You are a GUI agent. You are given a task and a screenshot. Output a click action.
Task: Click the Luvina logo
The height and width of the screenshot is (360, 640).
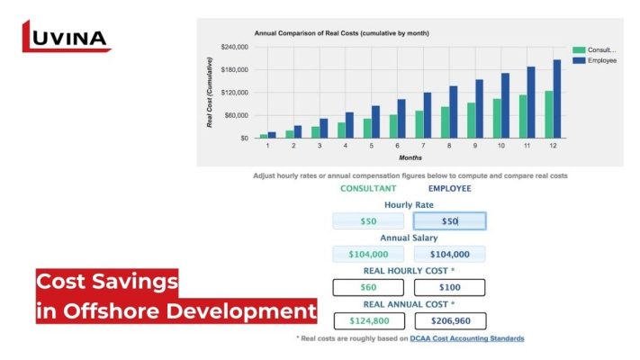[66, 37]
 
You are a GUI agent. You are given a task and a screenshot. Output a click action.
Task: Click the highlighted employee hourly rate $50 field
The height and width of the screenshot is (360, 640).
[449, 220]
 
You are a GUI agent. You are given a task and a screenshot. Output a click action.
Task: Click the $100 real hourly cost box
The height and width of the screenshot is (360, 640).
[449, 288]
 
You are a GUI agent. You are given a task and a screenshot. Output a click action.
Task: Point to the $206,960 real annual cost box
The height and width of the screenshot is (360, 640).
[449, 320]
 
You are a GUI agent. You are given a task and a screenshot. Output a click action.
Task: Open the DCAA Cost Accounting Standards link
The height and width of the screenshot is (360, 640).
[467, 338]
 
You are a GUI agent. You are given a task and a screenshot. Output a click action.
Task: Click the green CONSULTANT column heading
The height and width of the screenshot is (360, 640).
[367, 188]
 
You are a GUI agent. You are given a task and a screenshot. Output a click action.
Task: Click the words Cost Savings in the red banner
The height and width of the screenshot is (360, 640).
[107, 282]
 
